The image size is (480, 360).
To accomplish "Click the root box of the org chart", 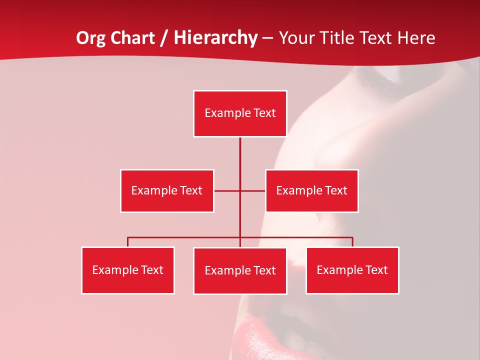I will (x=240, y=113).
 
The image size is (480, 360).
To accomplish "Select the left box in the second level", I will (x=167, y=190).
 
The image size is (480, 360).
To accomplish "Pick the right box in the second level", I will (x=311, y=190).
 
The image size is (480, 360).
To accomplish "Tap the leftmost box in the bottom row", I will (x=127, y=270).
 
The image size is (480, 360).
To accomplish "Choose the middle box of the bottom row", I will (x=240, y=270).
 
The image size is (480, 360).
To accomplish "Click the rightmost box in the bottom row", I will (x=352, y=270).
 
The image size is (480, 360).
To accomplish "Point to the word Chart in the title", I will (x=133, y=38).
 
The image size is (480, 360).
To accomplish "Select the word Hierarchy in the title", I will (x=215, y=38).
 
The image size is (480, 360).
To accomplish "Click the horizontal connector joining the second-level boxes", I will (x=227, y=190).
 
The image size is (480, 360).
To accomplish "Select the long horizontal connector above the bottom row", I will (x=185, y=237).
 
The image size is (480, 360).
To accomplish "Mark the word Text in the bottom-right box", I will (x=376, y=270).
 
